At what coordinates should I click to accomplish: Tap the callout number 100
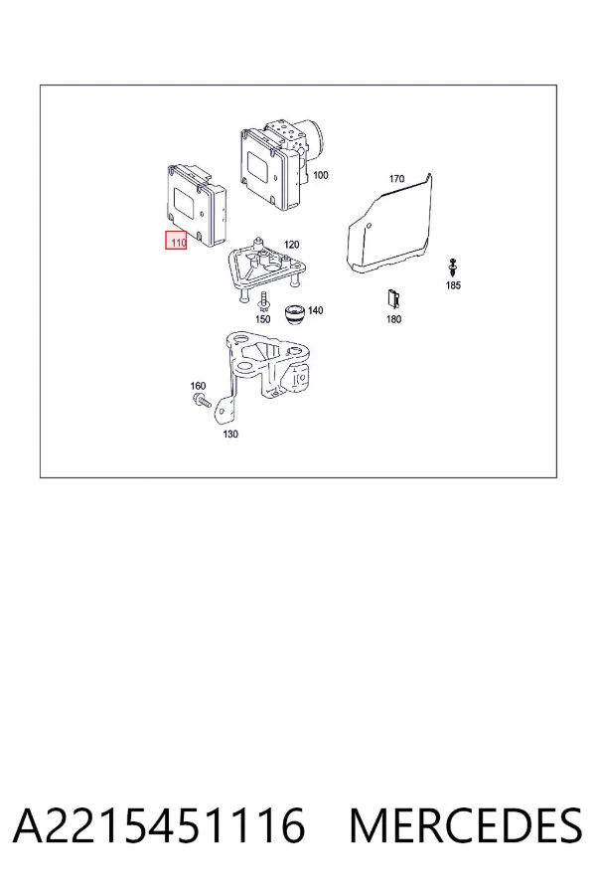[321, 175]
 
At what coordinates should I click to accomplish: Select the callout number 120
[291, 245]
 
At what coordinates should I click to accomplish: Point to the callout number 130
[229, 434]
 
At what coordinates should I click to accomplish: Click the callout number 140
[315, 310]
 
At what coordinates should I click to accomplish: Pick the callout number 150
[262, 319]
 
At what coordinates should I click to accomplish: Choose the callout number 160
[198, 387]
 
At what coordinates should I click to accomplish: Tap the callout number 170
[396, 179]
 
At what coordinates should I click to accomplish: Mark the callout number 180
[393, 319]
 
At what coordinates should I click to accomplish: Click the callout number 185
[453, 285]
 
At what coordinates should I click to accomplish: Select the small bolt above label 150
[263, 300]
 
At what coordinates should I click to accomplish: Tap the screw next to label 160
[202, 400]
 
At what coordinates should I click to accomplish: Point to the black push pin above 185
[453, 268]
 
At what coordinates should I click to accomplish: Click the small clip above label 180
[392, 298]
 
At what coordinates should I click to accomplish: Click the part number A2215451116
[159, 825]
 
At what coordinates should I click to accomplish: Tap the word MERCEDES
[466, 825]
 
